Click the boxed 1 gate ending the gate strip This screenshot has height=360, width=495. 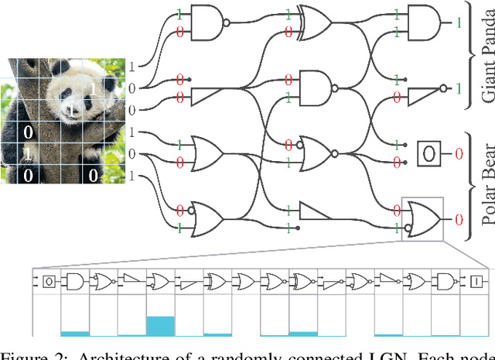point(476,280)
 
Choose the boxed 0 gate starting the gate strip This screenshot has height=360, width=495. point(48,280)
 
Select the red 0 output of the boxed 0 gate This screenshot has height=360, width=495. point(458,154)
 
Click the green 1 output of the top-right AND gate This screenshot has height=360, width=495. point(458,23)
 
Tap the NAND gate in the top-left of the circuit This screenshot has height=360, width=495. point(205,23)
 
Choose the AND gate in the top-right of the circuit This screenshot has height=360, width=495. point(422,22)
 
